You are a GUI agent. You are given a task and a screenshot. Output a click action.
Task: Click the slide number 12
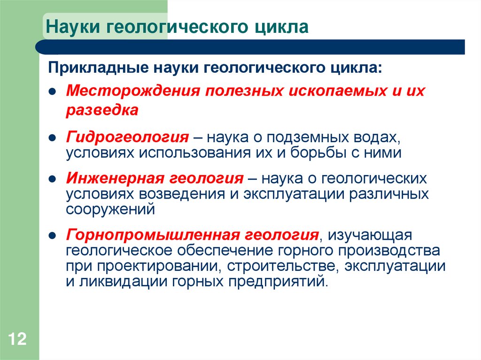coord(17,339)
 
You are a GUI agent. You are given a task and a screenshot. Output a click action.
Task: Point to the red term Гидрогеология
coord(127,138)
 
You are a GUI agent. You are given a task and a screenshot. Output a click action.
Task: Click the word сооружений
coord(110,209)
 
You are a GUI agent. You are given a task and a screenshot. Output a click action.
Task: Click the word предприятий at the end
coord(277,282)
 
